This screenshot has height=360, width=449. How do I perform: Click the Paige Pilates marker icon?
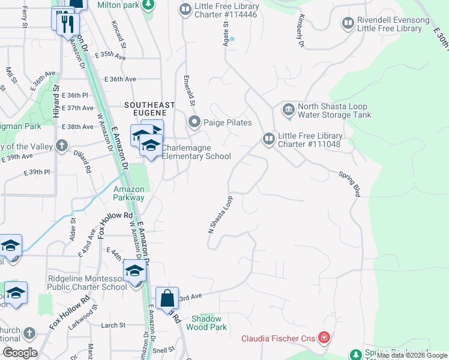(x=194, y=122)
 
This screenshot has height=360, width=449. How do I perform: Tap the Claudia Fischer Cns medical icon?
(x=324, y=338)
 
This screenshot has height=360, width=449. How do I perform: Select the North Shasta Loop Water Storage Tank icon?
(x=288, y=109)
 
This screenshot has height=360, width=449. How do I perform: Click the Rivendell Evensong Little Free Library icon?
(x=348, y=23)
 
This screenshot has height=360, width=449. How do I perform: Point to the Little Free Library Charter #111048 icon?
(x=268, y=139)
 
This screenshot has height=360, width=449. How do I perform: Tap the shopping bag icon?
(x=167, y=297)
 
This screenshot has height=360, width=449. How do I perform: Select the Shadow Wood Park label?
(x=206, y=323)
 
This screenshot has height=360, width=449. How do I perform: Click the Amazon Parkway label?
(x=129, y=193)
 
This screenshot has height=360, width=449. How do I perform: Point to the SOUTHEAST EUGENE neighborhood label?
(x=149, y=105)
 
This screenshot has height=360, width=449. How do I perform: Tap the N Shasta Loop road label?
(x=220, y=221)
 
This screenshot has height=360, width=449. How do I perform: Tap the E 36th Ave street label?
(x=121, y=79)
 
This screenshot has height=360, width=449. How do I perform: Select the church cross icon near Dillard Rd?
(x=61, y=146)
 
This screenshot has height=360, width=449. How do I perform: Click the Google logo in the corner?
(x=20, y=353)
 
